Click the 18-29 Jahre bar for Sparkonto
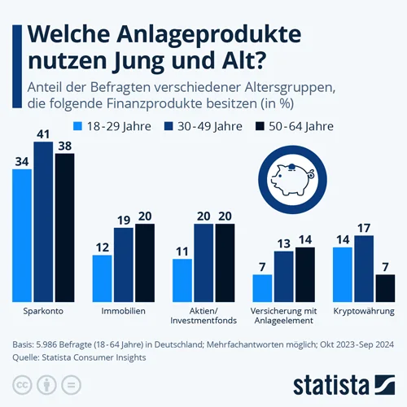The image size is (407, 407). click(22, 235)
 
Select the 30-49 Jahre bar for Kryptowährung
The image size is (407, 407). click(364, 269)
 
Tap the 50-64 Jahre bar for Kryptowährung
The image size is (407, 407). click(385, 288)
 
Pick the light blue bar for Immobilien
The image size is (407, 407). click(102, 278)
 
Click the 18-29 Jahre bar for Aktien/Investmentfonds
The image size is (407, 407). click(182, 280)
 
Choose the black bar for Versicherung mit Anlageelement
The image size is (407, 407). click(305, 274)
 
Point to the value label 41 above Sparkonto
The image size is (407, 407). click(43, 134)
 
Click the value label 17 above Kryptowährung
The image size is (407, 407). click(364, 228)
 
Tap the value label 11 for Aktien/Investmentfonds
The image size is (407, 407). click(182, 252)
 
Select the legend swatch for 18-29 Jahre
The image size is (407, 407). click(77, 126)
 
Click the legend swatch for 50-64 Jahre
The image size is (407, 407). click(260, 126)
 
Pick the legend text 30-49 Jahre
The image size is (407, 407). click(210, 126)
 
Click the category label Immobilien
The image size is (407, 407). click(124, 311)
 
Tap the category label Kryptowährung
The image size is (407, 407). click(364, 311)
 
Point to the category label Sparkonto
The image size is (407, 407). click(43, 311)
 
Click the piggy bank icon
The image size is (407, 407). click(292, 179)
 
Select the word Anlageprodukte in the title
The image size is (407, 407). click(209, 35)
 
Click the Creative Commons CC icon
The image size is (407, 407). click(22, 385)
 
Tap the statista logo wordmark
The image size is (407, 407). click(331, 385)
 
